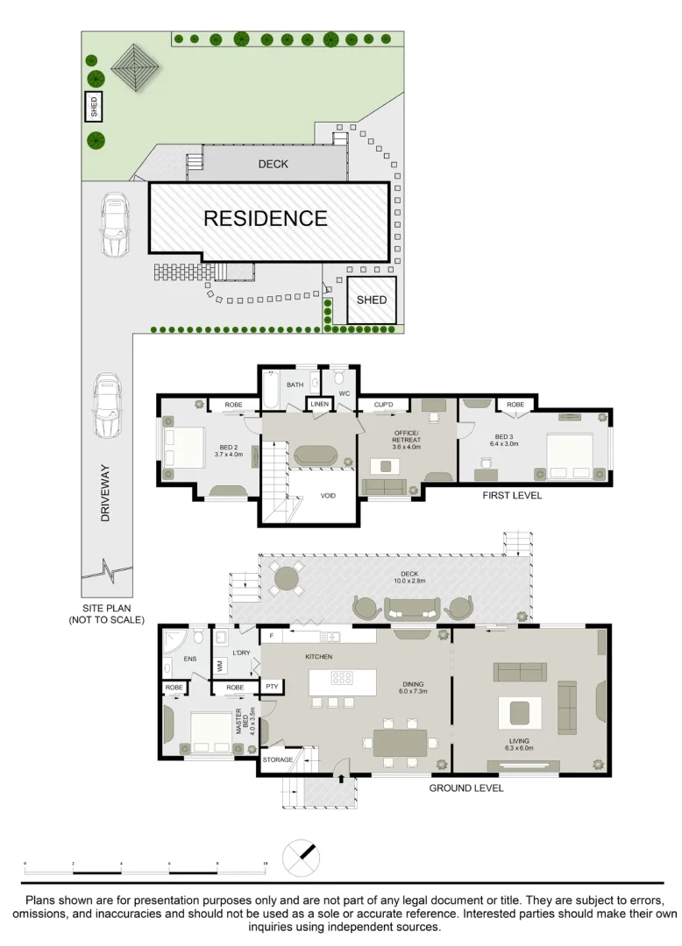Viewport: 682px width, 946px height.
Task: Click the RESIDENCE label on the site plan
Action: pos(266,218)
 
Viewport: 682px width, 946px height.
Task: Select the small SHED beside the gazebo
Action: pos(94,107)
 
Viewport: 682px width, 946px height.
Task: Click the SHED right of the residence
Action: pos(371,300)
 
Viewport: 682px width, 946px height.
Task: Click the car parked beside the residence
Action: pos(114,224)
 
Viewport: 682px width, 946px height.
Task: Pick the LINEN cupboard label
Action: pos(318,403)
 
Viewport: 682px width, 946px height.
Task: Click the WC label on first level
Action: pos(344,393)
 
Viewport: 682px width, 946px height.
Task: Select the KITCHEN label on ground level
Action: pos(317,656)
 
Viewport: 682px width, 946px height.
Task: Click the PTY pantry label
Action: pos(272,687)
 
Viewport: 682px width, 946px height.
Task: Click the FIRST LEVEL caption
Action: pos(512,496)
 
